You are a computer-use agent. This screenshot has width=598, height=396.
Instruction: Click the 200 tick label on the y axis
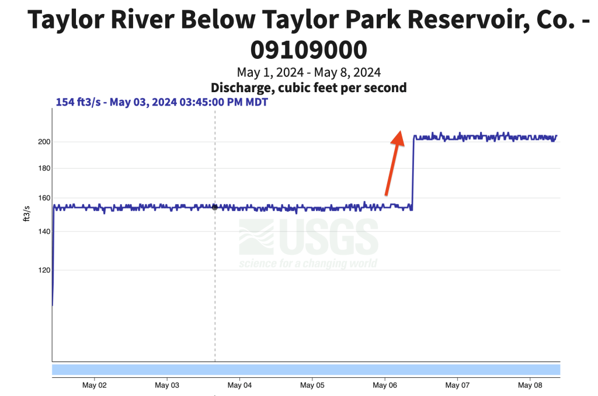[44, 142]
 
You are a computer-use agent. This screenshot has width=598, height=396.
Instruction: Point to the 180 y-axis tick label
[44, 169]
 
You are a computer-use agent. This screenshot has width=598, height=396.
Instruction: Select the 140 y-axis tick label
[44, 232]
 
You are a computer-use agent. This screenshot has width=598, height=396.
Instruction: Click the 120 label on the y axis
[44, 270]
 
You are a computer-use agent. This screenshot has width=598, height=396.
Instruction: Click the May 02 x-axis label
[94, 386]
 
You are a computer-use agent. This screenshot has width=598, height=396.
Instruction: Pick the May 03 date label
[167, 386]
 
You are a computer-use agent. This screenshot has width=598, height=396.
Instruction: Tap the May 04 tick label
[239, 386]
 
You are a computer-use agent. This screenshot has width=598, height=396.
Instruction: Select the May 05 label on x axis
[312, 386]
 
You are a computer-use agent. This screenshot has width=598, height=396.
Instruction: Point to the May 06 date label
[385, 386]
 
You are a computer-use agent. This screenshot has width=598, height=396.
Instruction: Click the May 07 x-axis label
[457, 386]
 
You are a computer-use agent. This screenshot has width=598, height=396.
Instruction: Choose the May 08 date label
[530, 386]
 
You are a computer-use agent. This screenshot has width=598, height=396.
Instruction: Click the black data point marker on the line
[215, 207]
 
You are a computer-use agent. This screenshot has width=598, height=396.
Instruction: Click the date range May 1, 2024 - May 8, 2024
[308, 73]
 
